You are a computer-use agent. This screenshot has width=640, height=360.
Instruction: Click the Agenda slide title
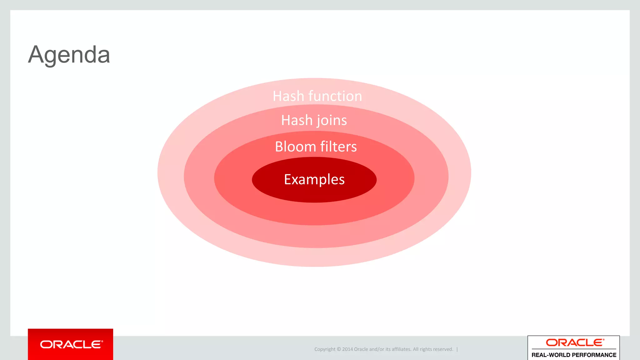pyautogui.click(x=69, y=55)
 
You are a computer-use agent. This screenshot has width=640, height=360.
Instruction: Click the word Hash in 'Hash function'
pyautogui.click(x=288, y=96)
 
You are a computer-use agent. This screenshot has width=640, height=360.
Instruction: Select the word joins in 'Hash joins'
pyautogui.click(x=332, y=120)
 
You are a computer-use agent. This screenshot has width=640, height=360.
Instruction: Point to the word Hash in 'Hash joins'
pyautogui.click(x=297, y=120)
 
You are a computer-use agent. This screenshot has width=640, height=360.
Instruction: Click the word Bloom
pyautogui.click(x=295, y=147)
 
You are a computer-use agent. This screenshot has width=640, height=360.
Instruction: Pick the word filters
pyautogui.click(x=338, y=147)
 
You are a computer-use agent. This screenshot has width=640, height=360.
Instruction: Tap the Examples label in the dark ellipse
pyautogui.click(x=314, y=179)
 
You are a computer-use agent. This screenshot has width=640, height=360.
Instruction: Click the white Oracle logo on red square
pyautogui.click(x=71, y=344)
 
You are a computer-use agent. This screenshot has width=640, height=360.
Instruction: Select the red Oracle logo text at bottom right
pyautogui.click(x=575, y=343)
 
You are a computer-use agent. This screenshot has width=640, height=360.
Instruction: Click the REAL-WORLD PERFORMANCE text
pyautogui.click(x=574, y=355)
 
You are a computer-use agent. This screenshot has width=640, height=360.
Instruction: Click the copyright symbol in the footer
pyautogui.click(x=339, y=349)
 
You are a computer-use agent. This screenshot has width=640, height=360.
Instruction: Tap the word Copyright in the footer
pyautogui.click(x=325, y=349)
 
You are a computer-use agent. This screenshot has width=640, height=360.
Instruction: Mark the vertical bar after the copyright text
pyautogui.click(x=457, y=349)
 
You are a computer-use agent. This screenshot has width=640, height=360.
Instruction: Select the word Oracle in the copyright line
pyautogui.click(x=361, y=349)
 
